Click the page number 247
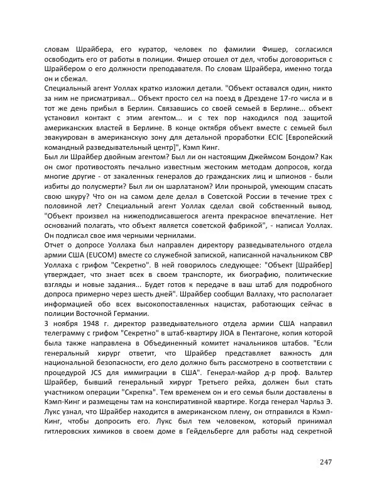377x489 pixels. click(x=325, y=462)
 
